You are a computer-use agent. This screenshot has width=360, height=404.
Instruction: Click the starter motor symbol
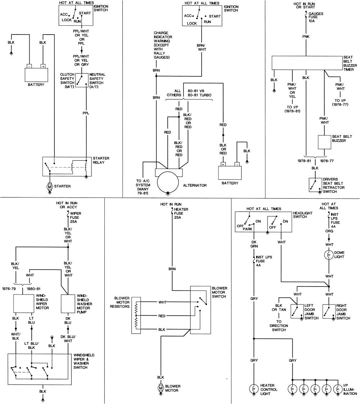click(x=50, y=186)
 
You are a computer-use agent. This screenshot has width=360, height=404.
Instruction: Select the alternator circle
click(x=167, y=182)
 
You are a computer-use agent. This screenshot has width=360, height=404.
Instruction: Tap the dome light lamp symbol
click(x=328, y=255)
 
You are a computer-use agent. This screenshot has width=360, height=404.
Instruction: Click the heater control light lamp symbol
click(x=254, y=389)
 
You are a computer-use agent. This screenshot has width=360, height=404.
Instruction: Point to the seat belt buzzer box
click(x=324, y=142)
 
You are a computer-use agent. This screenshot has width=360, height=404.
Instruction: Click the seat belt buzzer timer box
click(x=306, y=63)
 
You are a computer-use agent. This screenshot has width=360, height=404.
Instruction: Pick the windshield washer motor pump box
click(x=68, y=303)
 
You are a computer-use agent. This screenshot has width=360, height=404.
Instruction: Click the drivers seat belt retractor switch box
click(x=315, y=184)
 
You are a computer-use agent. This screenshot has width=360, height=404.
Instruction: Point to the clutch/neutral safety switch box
click(x=81, y=79)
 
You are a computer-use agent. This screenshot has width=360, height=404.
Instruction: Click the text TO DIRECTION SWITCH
click(x=279, y=325)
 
